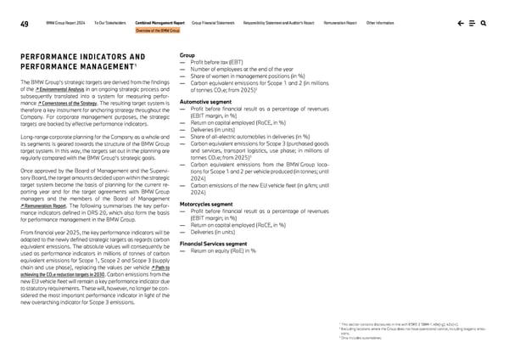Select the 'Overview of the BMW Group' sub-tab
coord(158,30)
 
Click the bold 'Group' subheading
coord(188,55)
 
